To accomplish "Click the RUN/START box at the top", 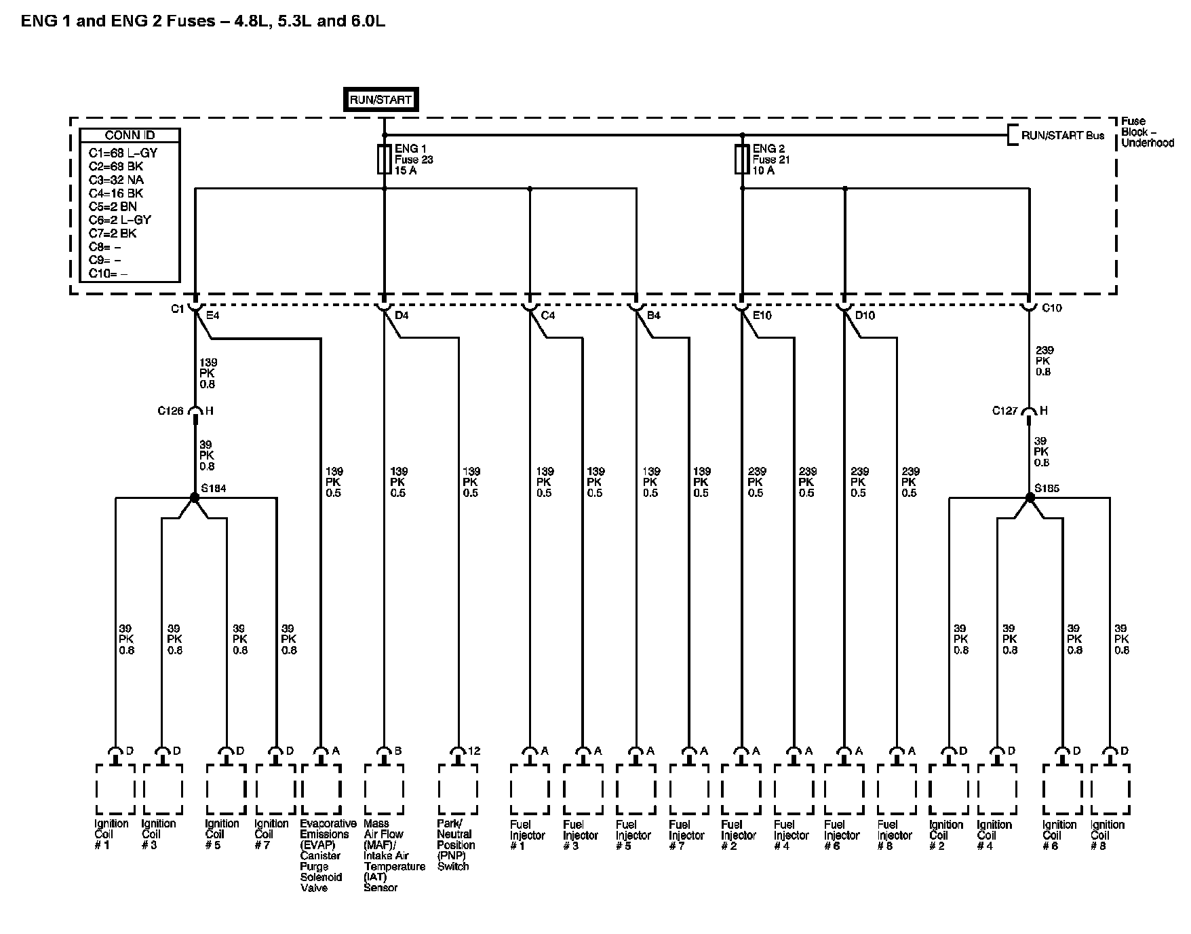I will (380, 100).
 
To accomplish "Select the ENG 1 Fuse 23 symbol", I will (384, 160).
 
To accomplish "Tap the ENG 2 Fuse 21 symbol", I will (742, 160).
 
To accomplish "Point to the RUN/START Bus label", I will (1062, 135).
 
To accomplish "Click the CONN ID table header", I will (130, 135).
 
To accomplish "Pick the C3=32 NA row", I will (117, 180).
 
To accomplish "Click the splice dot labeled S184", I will (195, 498).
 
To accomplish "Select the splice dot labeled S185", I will (1030, 498).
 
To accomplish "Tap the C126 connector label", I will (170, 411).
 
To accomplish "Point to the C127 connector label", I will (1005, 411).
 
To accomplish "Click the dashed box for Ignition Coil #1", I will (115, 789).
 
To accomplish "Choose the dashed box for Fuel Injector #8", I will (897, 789).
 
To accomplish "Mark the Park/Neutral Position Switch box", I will (458, 789).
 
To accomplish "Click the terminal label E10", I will (762, 316).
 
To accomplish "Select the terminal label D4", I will (402, 316).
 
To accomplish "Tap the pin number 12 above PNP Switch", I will (473, 751).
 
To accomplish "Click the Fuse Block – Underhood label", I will (1146, 132).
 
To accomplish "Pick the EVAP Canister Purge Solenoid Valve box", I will (320, 789).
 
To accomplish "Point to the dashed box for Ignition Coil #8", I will (1110, 789).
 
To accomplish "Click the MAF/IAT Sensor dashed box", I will (384, 789).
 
